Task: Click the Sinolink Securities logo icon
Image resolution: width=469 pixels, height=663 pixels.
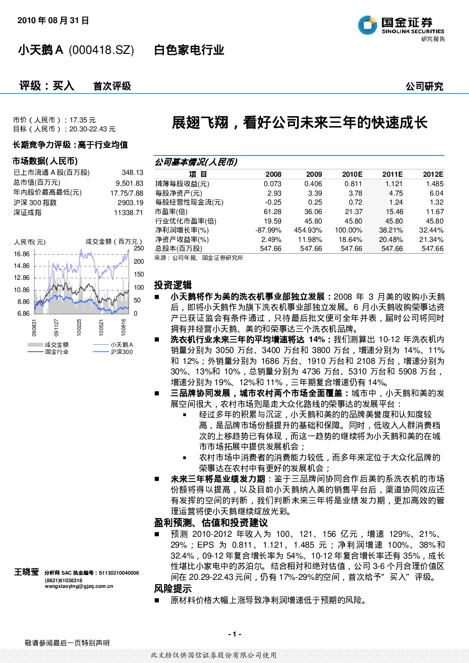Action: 367,25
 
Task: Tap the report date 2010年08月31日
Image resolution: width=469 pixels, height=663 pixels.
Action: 53,20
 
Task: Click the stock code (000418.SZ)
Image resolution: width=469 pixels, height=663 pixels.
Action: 101,50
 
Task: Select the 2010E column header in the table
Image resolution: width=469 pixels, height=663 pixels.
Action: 352,174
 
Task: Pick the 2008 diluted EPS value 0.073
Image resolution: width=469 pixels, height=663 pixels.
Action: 272,184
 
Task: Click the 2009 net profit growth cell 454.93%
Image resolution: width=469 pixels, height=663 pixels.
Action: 308,230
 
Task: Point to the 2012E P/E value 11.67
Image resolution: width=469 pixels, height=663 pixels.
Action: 434,212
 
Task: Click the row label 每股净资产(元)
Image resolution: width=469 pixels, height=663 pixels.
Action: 179,193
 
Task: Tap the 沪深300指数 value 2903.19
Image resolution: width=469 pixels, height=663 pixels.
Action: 130,203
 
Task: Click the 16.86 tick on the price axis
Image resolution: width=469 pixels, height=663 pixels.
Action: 22,254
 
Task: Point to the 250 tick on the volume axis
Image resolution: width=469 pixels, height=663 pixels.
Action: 139,249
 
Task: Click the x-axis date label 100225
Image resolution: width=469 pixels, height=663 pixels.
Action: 79,327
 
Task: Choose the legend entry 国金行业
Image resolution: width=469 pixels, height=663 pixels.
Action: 57,352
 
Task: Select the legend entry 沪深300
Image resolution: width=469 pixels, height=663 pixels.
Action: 122,352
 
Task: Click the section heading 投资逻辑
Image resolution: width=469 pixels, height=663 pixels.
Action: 173,285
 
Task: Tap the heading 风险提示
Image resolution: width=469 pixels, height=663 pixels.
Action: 173,589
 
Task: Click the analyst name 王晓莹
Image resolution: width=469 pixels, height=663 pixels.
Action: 26,572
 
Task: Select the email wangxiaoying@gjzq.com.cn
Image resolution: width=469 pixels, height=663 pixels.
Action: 79,586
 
